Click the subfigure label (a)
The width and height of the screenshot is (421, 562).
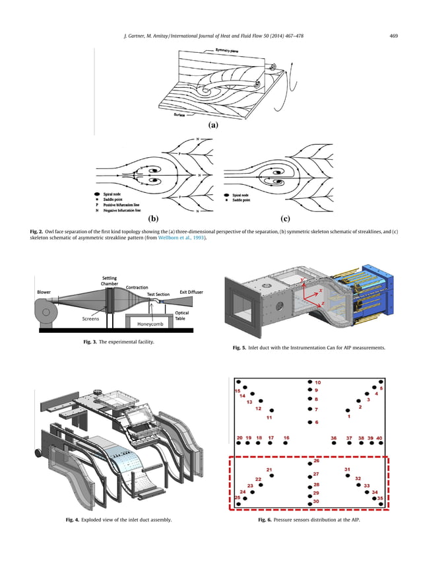[x=213, y=123]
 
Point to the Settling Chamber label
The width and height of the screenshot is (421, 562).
[x=110, y=282]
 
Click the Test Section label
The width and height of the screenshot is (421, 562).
[x=159, y=294]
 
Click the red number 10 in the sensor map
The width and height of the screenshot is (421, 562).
[x=317, y=382]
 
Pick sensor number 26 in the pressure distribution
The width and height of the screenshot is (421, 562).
[x=316, y=460]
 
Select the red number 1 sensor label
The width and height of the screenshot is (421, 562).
[x=348, y=416]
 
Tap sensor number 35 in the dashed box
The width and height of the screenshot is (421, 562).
[x=381, y=499]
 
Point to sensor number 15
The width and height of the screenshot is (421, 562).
[x=237, y=391]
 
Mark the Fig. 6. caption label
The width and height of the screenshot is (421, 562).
[x=266, y=520]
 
